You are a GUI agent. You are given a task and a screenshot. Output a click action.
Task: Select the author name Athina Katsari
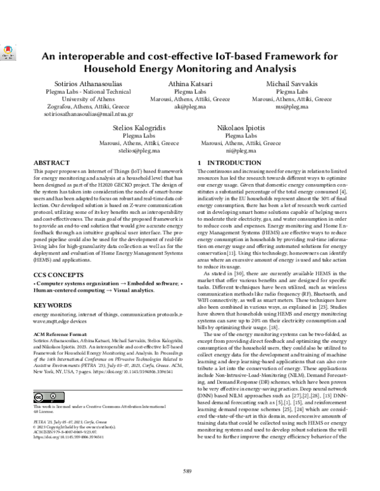click(x=190, y=84)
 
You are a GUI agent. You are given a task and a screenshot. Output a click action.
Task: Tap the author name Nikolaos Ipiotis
click(x=243, y=128)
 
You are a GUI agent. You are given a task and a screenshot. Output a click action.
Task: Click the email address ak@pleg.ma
click(x=190, y=108)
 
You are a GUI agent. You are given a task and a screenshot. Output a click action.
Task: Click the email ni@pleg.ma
click(x=243, y=152)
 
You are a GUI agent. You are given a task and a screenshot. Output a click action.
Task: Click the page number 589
click(x=187, y=471)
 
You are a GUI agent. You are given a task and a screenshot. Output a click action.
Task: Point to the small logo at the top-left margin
click(x=8, y=54)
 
